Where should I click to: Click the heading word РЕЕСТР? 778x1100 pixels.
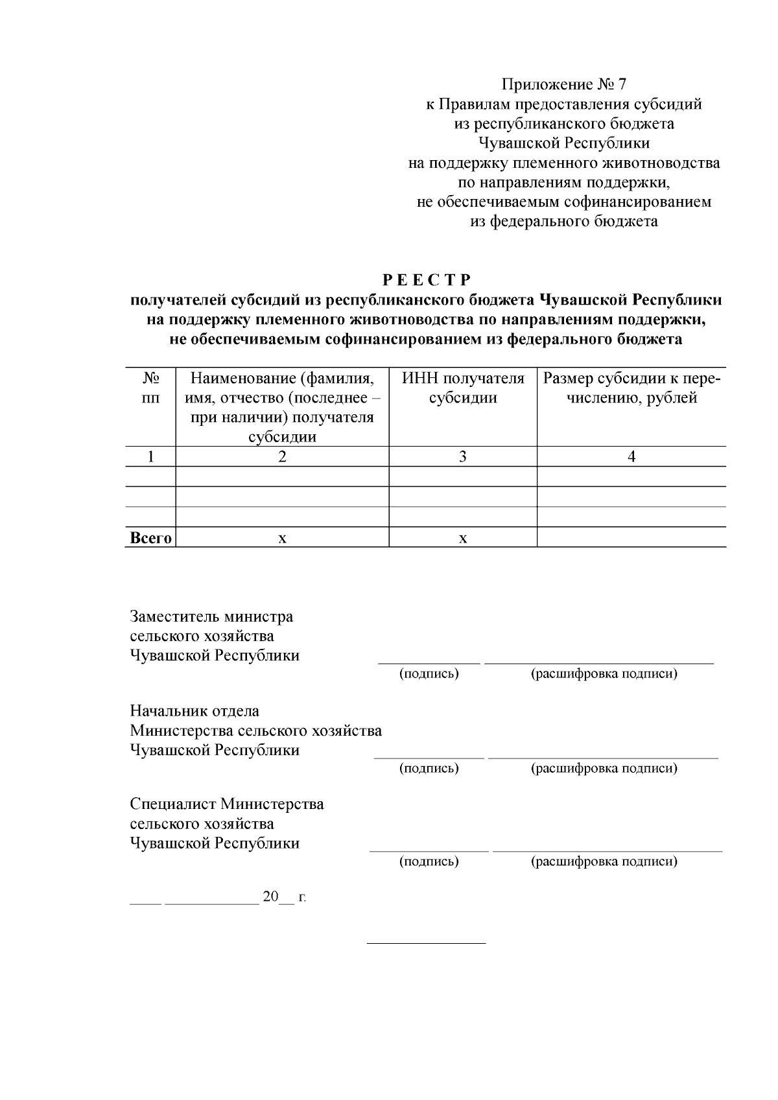point(427,280)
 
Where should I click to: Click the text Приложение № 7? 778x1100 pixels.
point(564,85)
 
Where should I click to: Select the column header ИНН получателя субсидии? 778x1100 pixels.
point(463,388)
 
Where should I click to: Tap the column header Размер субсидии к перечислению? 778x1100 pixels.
point(631,388)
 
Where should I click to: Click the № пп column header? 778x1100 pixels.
point(150,388)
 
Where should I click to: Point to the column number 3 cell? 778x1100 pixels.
point(463,457)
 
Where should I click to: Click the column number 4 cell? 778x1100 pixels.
point(631,457)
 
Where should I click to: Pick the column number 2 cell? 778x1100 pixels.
point(282,457)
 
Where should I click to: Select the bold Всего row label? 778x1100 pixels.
point(151,538)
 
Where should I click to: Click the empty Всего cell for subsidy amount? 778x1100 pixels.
point(631,538)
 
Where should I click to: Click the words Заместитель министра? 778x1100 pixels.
point(211,616)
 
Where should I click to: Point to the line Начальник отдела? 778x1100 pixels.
point(194,711)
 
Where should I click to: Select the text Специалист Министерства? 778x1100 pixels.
point(227,804)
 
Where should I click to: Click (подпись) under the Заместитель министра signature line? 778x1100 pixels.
point(429,674)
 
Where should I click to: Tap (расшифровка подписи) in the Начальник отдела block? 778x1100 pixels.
point(604,769)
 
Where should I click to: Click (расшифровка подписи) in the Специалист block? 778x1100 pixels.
point(604,862)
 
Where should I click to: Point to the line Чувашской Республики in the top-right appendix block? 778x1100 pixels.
point(564,143)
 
